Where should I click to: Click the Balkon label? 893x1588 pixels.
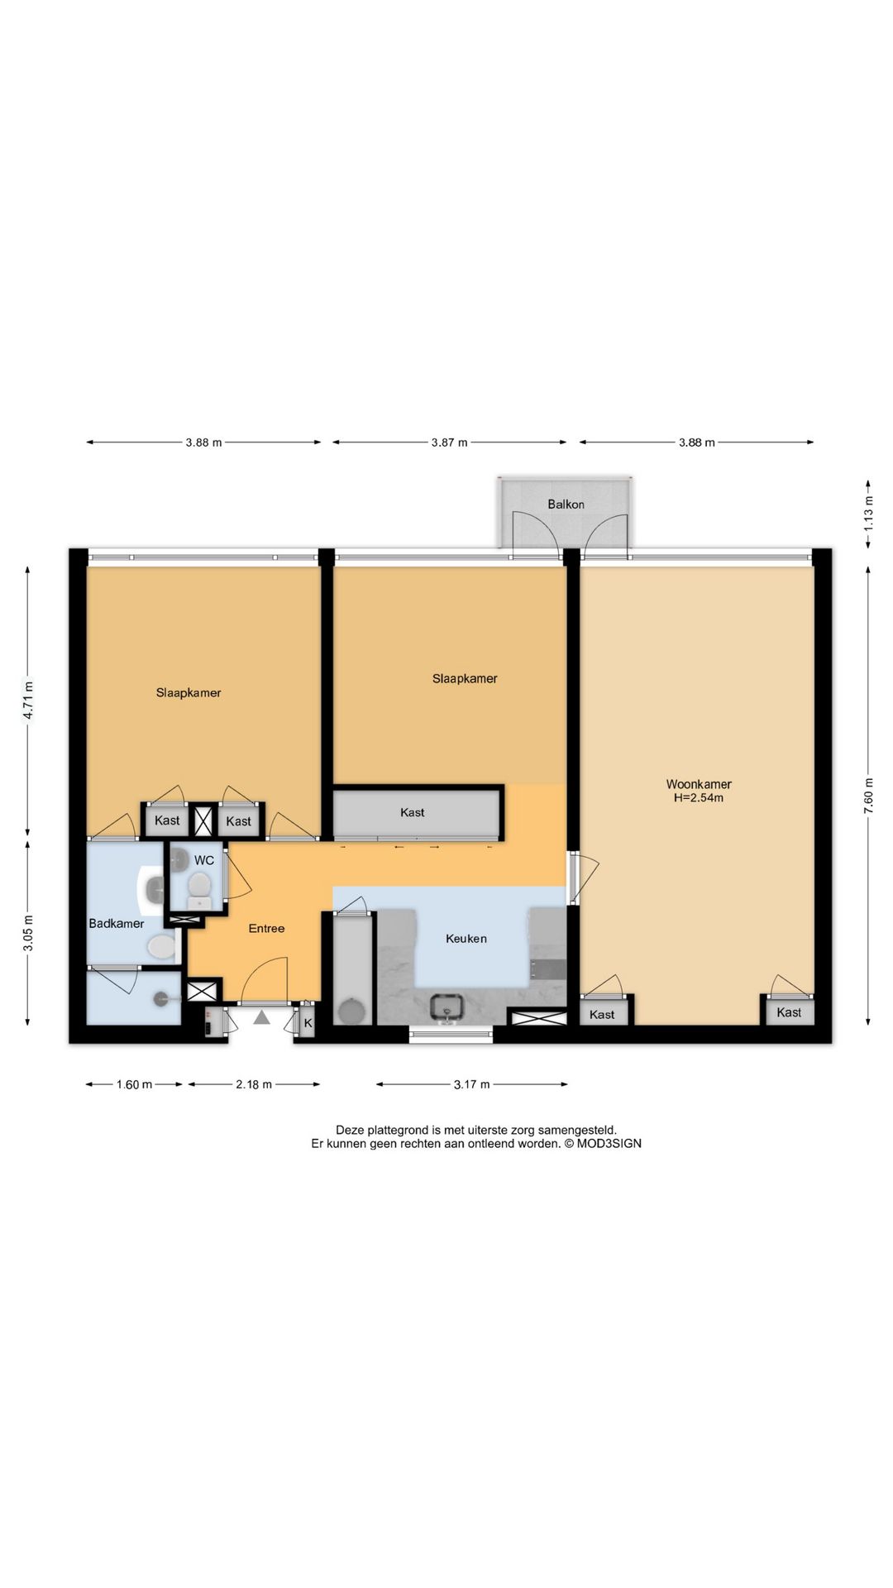tap(566, 505)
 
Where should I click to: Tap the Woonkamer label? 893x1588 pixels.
tap(699, 784)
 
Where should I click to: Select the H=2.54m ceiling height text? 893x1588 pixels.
tap(699, 798)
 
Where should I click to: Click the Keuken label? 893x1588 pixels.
tap(466, 939)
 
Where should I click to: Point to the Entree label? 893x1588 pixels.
tap(266, 929)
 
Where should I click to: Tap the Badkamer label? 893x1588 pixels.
tap(117, 924)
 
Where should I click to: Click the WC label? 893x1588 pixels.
tap(204, 860)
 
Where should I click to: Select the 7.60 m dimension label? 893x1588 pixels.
tap(868, 796)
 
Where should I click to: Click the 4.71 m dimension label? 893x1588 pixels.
tap(28, 700)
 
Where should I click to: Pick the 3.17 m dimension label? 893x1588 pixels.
tap(471, 1084)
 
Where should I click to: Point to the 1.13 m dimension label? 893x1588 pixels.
tap(868, 513)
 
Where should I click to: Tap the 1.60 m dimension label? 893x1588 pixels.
tap(134, 1084)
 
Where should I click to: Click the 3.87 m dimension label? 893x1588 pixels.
tap(449, 442)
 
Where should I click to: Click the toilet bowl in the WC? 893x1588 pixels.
tap(198, 887)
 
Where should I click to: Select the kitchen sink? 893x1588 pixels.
tap(447, 1007)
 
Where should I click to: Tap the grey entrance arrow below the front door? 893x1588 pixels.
tap(262, 1017)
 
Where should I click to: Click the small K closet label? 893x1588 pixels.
tap(308, 1022)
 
